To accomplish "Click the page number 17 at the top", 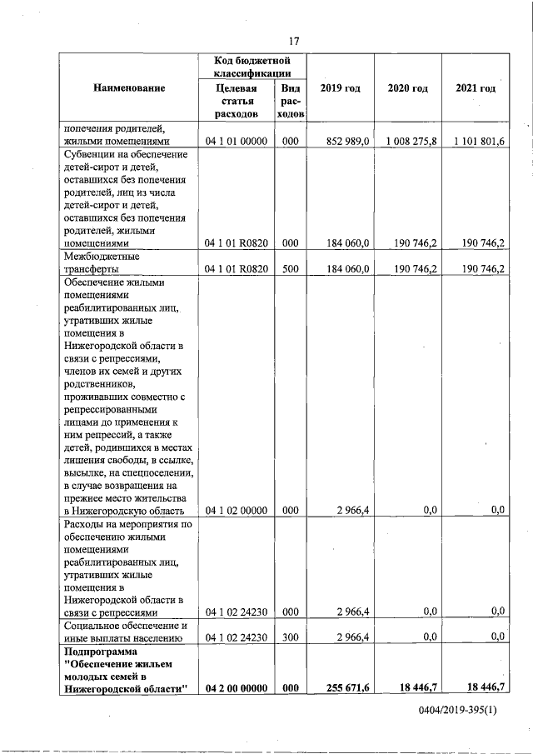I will [293, 42].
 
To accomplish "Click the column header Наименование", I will [129, 88].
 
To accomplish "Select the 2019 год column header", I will [340, 88].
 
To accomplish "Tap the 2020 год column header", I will [408, 88].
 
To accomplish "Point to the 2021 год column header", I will [476, 88].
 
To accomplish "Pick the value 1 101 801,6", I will [479, 142].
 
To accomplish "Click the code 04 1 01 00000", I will [237, 142].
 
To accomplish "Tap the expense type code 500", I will [290, 269].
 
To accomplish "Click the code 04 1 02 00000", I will [237, 510].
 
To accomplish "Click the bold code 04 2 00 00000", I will [237, 686].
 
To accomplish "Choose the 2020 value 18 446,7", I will [416, 686].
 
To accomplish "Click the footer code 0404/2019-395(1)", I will [457, 711].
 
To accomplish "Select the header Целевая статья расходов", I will [237, 100].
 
